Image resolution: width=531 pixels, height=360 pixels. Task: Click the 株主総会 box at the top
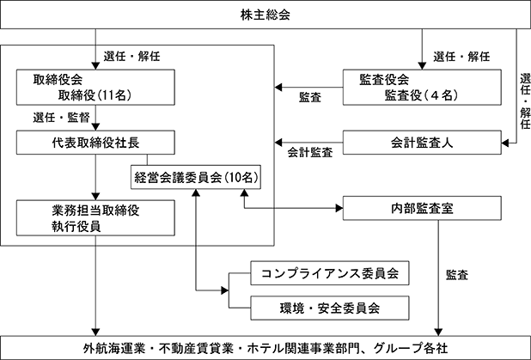tap(265, 15)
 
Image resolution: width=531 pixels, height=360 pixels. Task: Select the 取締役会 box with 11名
tap(95, 88)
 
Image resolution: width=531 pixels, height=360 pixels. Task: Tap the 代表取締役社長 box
tap(95, 143)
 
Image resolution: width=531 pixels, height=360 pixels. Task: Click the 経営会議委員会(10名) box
tap(196, 177)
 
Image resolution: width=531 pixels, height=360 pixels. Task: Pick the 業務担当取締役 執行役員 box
tap(95, 217)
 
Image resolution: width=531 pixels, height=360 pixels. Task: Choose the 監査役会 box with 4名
tap(422, 88)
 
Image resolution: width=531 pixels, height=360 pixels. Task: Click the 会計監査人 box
tap(422, 143)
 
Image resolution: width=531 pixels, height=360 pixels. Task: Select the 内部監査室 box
tap(422, 208)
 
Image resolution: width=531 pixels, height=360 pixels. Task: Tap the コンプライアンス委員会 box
tap(330, 273)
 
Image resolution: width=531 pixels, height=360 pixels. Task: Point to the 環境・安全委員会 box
tap(330, 308)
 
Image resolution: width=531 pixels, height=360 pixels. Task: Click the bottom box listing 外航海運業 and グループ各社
tap(265, 348)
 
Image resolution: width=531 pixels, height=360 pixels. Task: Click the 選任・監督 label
tap(61, 118)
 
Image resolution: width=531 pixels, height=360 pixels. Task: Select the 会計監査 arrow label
tap(310, 152)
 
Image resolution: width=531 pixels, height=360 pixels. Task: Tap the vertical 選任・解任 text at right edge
tap(525, 101)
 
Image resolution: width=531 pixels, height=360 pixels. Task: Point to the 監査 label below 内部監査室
tap(457, 275)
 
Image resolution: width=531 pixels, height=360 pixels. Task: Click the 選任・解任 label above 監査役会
tap(461, 56)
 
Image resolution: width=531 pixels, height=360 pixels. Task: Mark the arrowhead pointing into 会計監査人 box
tap(505, 143)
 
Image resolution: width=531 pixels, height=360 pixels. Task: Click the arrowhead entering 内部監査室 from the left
tap(339, 208)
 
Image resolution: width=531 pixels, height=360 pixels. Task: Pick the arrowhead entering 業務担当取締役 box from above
tap(95, 197)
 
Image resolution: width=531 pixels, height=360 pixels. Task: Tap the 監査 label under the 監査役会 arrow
tap(310, 98)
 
